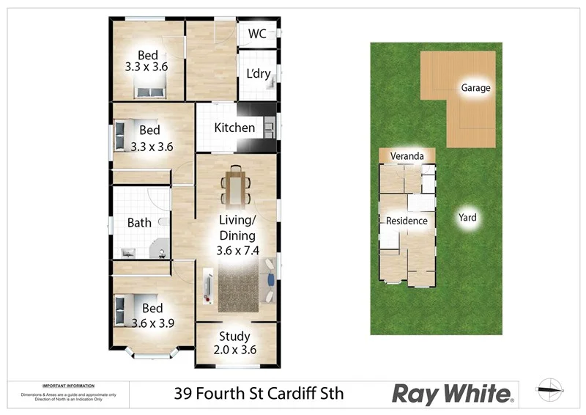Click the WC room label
(256, 34)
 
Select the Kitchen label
(234, 128)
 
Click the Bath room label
(139, 223)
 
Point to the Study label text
(234, 337)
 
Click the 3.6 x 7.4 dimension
(237, 251)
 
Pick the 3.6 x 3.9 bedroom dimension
(152, 322)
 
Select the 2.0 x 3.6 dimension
(234, 350)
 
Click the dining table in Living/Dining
(236, 186)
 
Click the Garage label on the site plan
(475, 88)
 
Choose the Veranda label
(407, 156)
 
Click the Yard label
(467, 217)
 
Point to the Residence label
(407, 221)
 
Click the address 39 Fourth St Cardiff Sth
(259, 394)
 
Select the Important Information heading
(68, 386)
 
